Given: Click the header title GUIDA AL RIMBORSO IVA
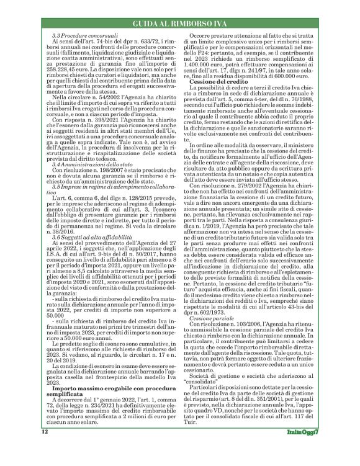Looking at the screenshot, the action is (179, 24).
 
